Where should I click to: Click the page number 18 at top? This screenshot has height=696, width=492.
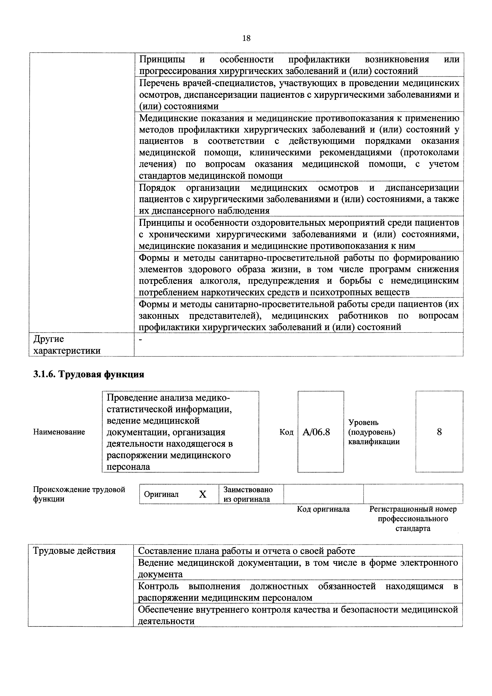click(246, 38)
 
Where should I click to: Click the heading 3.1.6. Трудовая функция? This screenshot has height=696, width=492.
click(88, 374)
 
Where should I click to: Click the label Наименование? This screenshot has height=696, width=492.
click(59, 432)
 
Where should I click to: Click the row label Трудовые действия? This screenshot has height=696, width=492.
click(74, 551)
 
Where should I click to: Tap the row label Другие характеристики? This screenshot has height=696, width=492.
click(67, 345)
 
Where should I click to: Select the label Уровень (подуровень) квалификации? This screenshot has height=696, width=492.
click(374, 432)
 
